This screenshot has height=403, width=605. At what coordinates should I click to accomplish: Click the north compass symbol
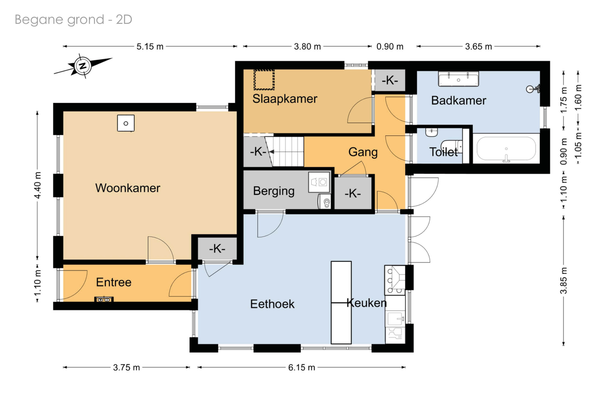(x=83, y=66)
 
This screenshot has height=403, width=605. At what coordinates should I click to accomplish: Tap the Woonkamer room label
(x=128, y=188)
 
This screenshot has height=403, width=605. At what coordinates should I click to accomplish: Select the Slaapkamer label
(x=285, y=99)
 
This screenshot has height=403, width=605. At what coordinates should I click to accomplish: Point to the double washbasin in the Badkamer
(x=458, y=79)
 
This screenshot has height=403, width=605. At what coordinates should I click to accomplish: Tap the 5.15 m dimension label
(x=150, y=47)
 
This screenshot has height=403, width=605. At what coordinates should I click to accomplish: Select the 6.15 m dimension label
(x=301, y=367)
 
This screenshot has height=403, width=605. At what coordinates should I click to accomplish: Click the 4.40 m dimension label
(x=38, y=185)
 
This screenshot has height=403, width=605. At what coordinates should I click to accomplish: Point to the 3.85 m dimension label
(x=563, y=280)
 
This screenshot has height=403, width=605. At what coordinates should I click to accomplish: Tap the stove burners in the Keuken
(x=394, y=280)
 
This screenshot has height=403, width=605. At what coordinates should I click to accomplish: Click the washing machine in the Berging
(x=319, y=182)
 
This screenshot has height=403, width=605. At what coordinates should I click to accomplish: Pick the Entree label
(x=114, y=282)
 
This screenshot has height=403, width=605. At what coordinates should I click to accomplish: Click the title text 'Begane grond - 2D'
(x=73, y=20)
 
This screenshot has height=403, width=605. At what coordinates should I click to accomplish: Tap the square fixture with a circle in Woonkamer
(x=126, y=123)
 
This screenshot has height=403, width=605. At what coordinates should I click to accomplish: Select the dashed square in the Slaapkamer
(x=264, y=80)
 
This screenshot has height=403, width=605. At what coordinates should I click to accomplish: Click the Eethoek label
(x=272, y=304)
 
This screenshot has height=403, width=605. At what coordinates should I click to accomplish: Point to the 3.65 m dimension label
(x=478, y=47)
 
